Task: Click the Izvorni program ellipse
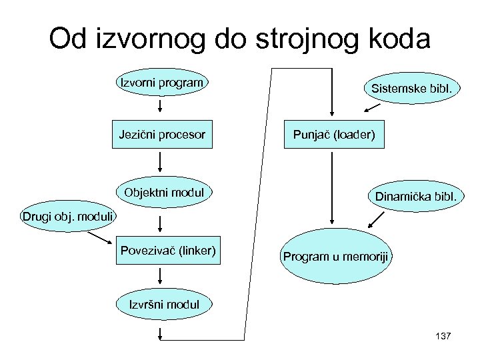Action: coord(161,83)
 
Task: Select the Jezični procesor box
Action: coord(161,135)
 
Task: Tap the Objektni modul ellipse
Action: coord(161,193)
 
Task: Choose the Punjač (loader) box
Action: coord(334,135)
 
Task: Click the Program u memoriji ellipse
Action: coord(337,257)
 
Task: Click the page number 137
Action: coord(442,335)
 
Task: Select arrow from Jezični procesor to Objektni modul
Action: coord(161,162)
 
